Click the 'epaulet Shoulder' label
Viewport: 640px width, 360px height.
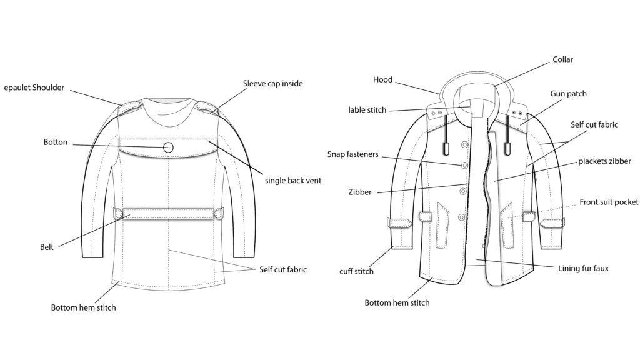pyautogui.click(x=34, y=87)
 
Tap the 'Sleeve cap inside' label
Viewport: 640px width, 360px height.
pyautogui.click(x=272, y=83)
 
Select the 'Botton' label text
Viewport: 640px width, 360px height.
pyautogui.click(x=56, y=142)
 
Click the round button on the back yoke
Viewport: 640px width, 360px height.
pyautogui.click(x=168, y=147)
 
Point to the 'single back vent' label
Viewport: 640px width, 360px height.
pyautogui.click(x=293, y=181)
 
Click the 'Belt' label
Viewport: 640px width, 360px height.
pyautogui.click(x=47, y=247)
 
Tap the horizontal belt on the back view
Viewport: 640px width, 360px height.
pyautogui.click(x=168, y=214)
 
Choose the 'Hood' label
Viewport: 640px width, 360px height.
pyautogui.click(x=383, y=79)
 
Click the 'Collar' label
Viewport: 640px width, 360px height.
pyautogui.click(x=563, y=59)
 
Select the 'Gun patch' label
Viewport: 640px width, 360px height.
pyautogui.click(x=568, y=94)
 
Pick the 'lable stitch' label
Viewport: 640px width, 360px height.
pyautogui.click(x=367, y=110)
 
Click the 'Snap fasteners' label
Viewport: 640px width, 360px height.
pyautogui.click(x=352, y=154)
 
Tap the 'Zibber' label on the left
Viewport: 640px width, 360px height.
pyautogui.click(x=359, y=192)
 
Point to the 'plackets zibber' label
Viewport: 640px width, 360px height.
pyautogui.click(x=604, y=161)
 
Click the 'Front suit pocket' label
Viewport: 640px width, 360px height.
pyautogui.click(x=609, y=202)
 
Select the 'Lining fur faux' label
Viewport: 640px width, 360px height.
pyautogui.click(x=583, y=269)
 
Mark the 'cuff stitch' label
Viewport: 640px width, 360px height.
pyautogui.click(x=356, y=271)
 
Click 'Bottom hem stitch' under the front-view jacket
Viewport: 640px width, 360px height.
pyautogui.click(x=397, y=303)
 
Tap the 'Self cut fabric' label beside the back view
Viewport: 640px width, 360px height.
pyautogui.click(x=283, y=269)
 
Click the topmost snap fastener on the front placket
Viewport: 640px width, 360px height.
pyautogui.click(x=464, y=144)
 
